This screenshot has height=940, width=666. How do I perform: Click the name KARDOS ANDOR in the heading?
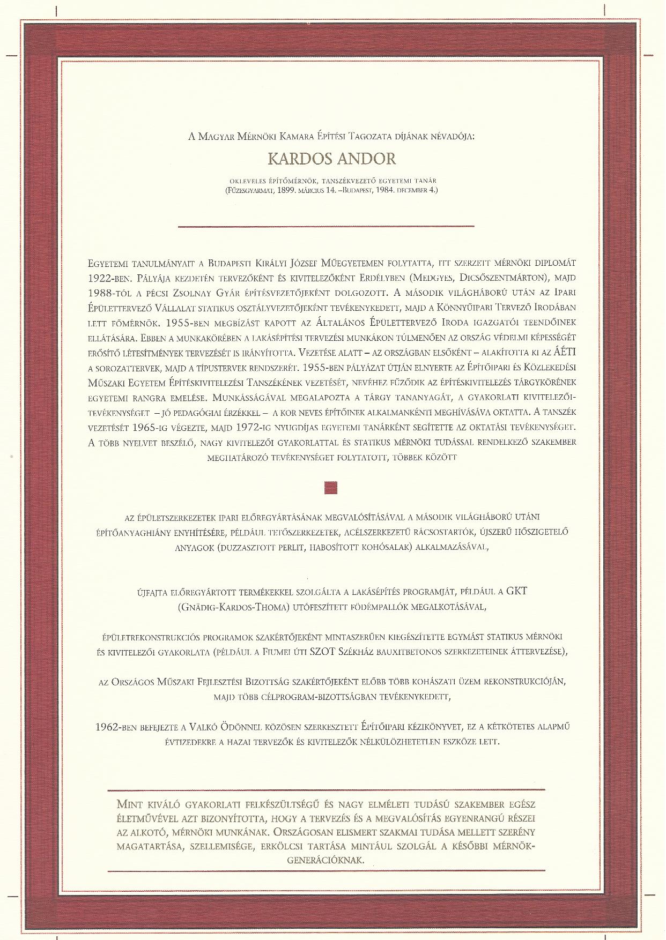[x=332, y=159]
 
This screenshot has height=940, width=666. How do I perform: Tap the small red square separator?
[x=332, y=488]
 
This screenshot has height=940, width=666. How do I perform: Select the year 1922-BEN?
[x=108, y=278]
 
